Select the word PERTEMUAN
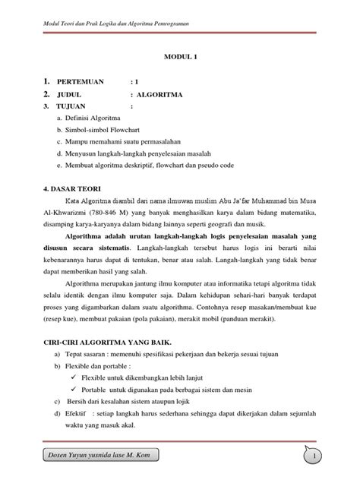[x=74, y=81]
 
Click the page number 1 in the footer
[x=333, y=454]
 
